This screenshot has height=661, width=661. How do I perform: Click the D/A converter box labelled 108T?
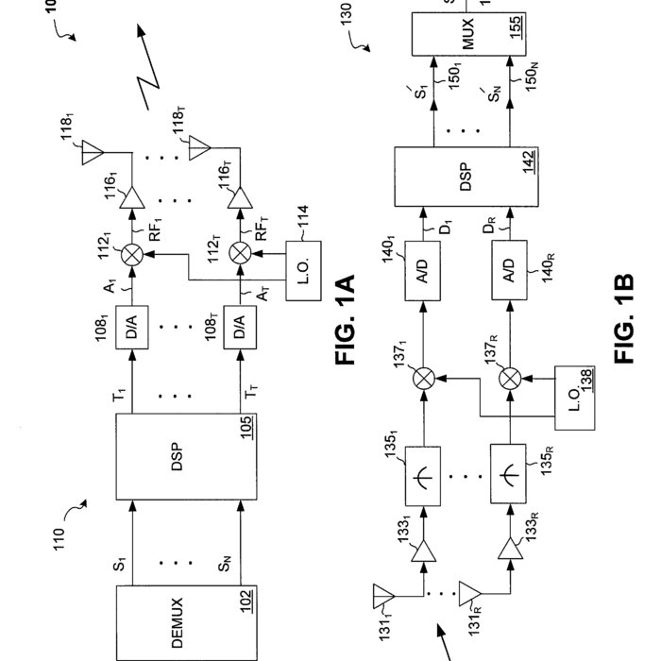tap(242, 329)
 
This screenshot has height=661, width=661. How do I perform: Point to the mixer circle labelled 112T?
tap(242, 252)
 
